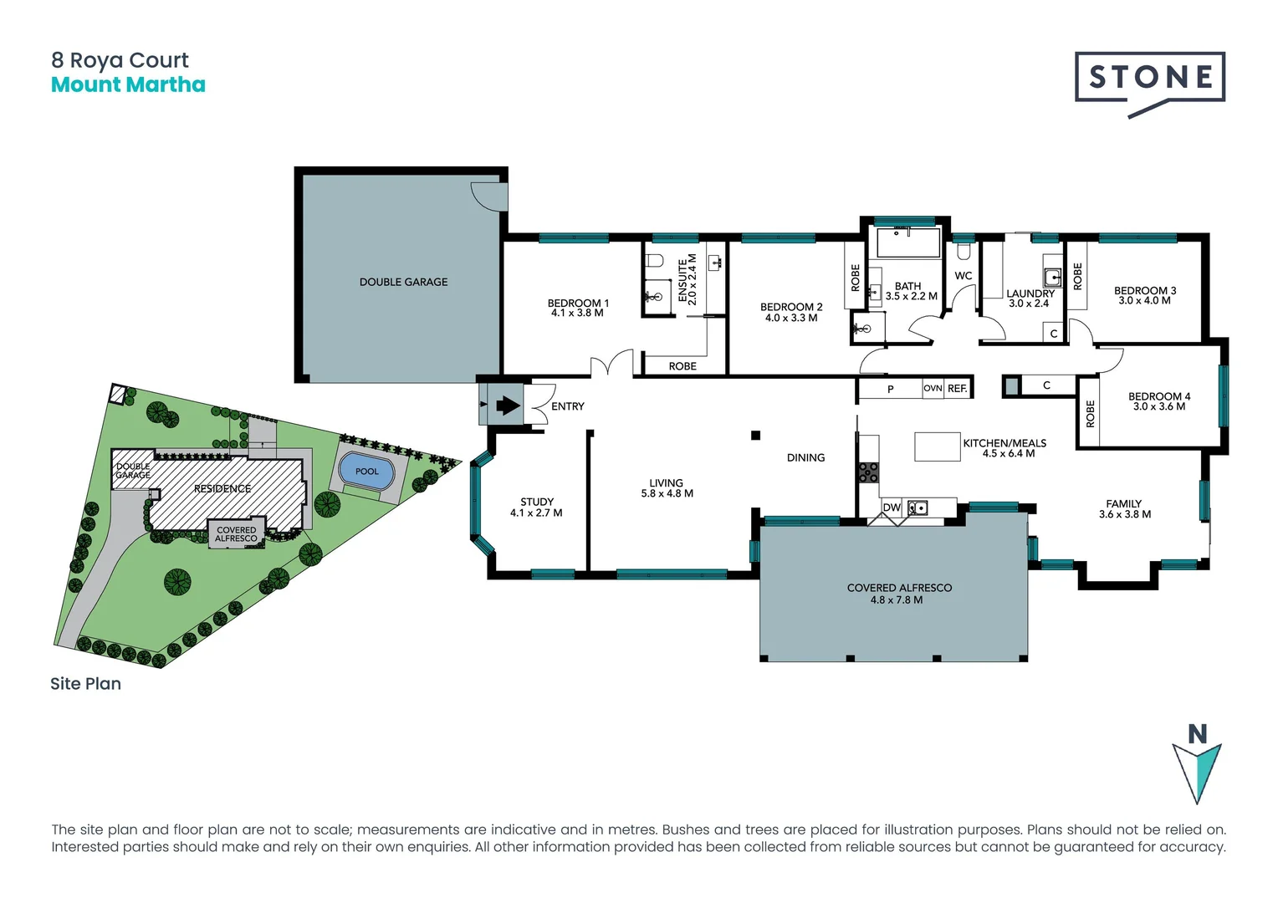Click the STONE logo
1150,78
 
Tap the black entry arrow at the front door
508,406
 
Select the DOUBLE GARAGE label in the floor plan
403,282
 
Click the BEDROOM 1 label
578,303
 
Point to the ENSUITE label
682,279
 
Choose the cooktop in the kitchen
868,472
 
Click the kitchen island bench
937,446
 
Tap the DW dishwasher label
892,508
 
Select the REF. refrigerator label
958,389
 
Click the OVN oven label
933,389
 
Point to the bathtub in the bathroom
908,242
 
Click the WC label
964,276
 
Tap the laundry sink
1052,277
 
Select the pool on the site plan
367,472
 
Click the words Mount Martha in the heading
128,85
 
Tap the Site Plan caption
85,684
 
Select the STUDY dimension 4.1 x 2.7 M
536,513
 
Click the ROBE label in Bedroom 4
1090,414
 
